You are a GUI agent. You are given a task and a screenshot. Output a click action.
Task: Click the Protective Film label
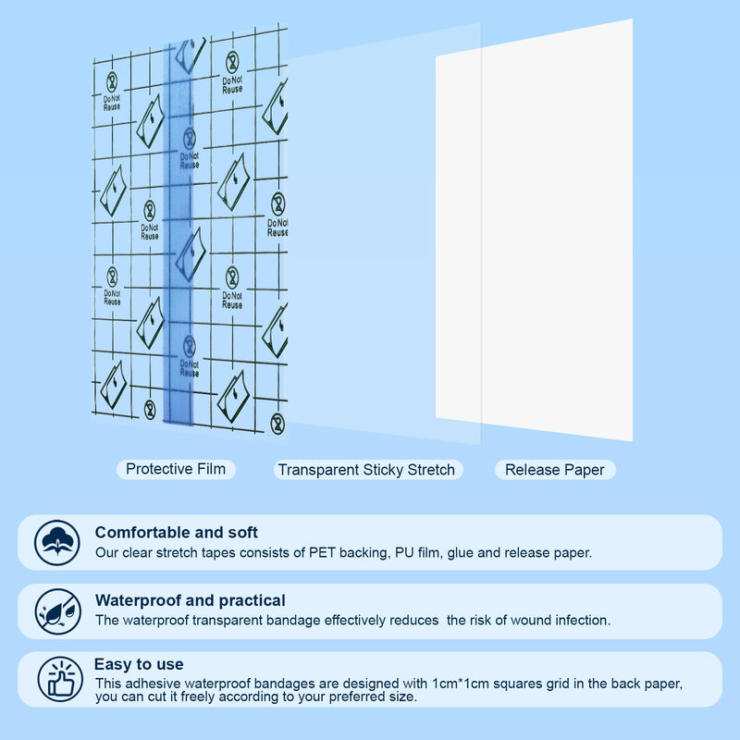176,469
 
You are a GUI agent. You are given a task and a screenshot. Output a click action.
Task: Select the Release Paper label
555,470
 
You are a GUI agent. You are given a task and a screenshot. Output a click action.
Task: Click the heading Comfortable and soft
176,533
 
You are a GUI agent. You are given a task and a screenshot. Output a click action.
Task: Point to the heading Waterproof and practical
191,600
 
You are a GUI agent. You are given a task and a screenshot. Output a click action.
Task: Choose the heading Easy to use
139,664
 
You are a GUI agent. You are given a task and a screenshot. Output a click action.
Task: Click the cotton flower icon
57,542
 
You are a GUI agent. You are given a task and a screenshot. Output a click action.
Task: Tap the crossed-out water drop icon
58,611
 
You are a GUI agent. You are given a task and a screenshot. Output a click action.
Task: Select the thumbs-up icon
60,679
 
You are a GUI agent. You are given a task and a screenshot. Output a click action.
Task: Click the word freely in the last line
198,697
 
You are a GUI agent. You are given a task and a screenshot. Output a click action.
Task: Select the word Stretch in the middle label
431,470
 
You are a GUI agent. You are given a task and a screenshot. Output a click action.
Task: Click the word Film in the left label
211,469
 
